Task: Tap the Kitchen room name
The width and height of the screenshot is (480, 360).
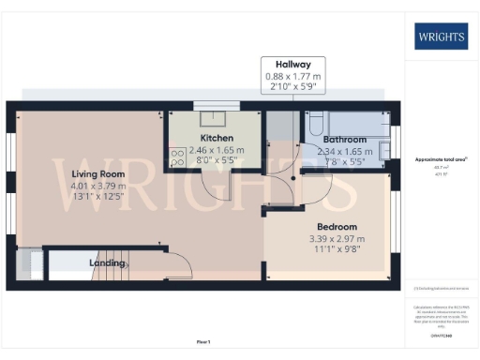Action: (217, 137)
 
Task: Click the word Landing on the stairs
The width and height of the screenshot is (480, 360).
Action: (107, 263)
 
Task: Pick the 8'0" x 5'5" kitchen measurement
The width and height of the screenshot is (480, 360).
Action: (217, 160)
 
